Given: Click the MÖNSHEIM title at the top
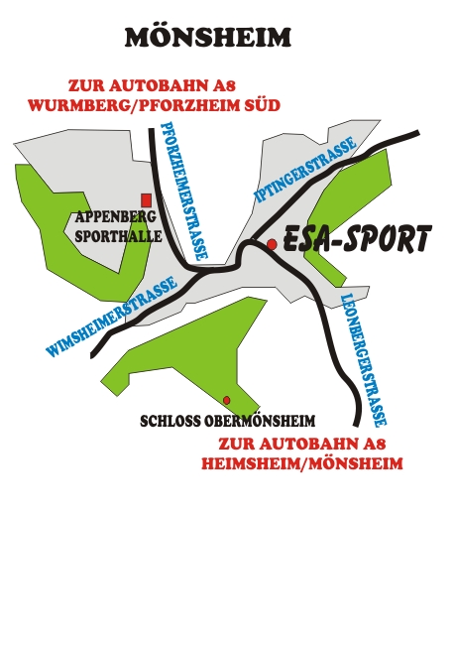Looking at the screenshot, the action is (208, 37).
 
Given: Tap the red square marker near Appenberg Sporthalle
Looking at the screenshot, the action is (146, 200).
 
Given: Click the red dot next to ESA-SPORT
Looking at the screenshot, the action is (272, 244).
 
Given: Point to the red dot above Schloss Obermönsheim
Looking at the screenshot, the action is (226, 400).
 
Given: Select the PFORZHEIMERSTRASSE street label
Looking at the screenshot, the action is (184, 191).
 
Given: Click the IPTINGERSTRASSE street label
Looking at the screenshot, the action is (305, 169).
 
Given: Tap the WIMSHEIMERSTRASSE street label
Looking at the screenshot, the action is (112, 317).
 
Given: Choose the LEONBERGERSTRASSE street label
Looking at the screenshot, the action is (363, 360).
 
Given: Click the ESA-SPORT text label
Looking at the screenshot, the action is (358, 238).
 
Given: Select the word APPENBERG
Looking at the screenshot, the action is (116, 216).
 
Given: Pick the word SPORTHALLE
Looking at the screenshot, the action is (118, 236).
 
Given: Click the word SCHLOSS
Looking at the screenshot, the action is (171, 422).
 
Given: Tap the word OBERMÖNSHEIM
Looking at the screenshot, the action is (260, 421).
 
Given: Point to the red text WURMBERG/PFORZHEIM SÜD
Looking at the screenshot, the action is (155, 105).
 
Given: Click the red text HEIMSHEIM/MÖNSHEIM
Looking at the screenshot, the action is (302, 463).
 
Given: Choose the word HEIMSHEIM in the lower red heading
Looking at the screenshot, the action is (251, 463).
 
